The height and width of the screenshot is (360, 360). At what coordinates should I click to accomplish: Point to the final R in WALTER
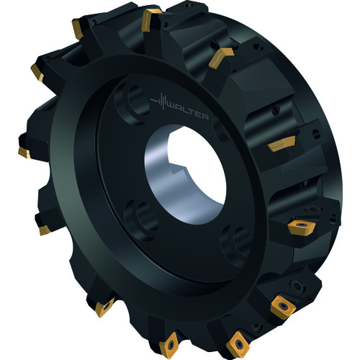[204, 117]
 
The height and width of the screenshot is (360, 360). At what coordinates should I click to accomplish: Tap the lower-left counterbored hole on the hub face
[142, 220]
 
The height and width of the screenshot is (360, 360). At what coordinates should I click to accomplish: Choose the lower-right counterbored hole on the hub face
[236, 246]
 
